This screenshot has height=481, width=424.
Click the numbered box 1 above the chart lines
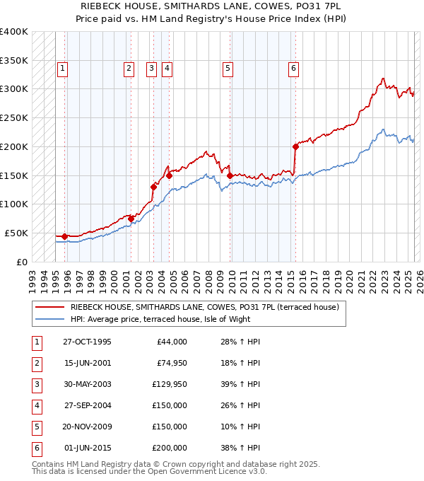(63, 69)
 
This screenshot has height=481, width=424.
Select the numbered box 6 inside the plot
(293, 69)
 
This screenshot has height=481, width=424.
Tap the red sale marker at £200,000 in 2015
(295, 147)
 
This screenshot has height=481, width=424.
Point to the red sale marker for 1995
(64, 236)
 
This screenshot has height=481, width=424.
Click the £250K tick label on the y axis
(14, 117)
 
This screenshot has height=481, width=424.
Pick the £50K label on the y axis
(16, 233)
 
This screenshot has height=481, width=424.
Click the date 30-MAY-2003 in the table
(87, 384)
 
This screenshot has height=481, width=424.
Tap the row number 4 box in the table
(35, 405)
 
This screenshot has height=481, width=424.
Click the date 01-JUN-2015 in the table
(87, 448)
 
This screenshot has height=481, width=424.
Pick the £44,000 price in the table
(170, 342)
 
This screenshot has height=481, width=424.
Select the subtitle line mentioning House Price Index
(211, 20)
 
